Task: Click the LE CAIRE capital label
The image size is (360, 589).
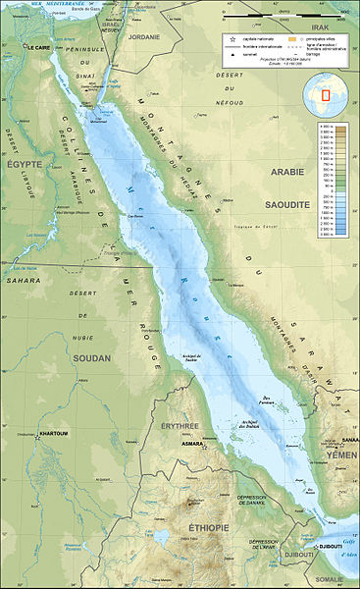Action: pyautogui.click(x=38, y=46)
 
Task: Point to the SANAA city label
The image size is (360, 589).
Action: pyautogui.click(x=349, y=440)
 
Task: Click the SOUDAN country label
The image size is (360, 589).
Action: pyautogui.click(x=90, y=357)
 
